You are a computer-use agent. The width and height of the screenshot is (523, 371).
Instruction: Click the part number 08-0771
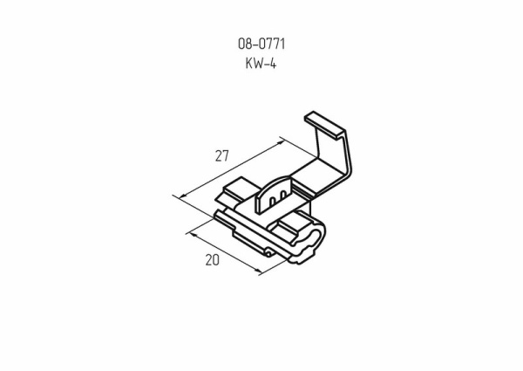click(x=261, y=43)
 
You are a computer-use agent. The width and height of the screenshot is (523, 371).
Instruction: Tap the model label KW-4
click(x=261, y=62)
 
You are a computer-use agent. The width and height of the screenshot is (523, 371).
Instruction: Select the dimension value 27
click(x=221, y=156)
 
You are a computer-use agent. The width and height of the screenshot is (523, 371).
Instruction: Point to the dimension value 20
click(x=211, y=259)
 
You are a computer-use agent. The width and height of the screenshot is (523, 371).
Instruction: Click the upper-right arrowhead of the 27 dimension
click(x=282, y=139)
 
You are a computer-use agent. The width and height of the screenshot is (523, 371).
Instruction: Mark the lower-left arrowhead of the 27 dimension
click(x=178, y=198)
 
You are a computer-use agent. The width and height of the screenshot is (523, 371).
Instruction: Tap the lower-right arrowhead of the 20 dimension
click(x=259, y=272)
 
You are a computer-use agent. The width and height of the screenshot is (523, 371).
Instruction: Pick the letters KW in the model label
click(x=255, y=62)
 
